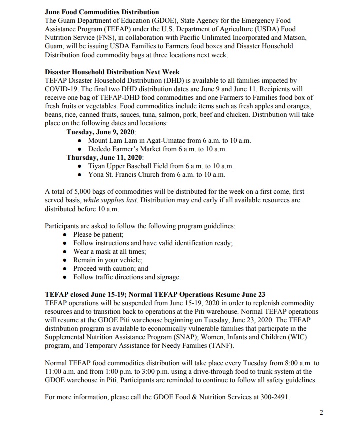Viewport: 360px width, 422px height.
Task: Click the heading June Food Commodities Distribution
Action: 102,11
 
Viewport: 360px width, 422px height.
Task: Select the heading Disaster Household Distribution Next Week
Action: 112,72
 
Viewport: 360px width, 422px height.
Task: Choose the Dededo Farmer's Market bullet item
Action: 157,149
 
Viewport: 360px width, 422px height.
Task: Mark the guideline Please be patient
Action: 98,234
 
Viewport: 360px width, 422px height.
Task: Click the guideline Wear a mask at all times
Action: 109,251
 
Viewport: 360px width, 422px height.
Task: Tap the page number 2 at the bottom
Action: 321,412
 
